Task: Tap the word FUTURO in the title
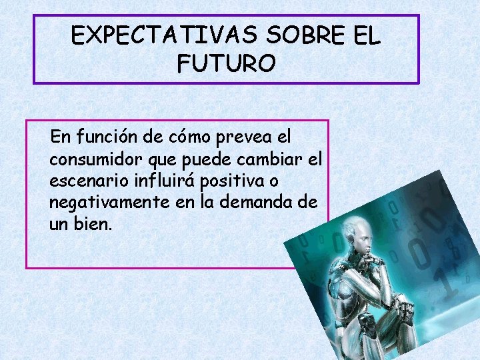(x=227, y=63)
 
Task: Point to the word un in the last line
(x=58, y=224)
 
